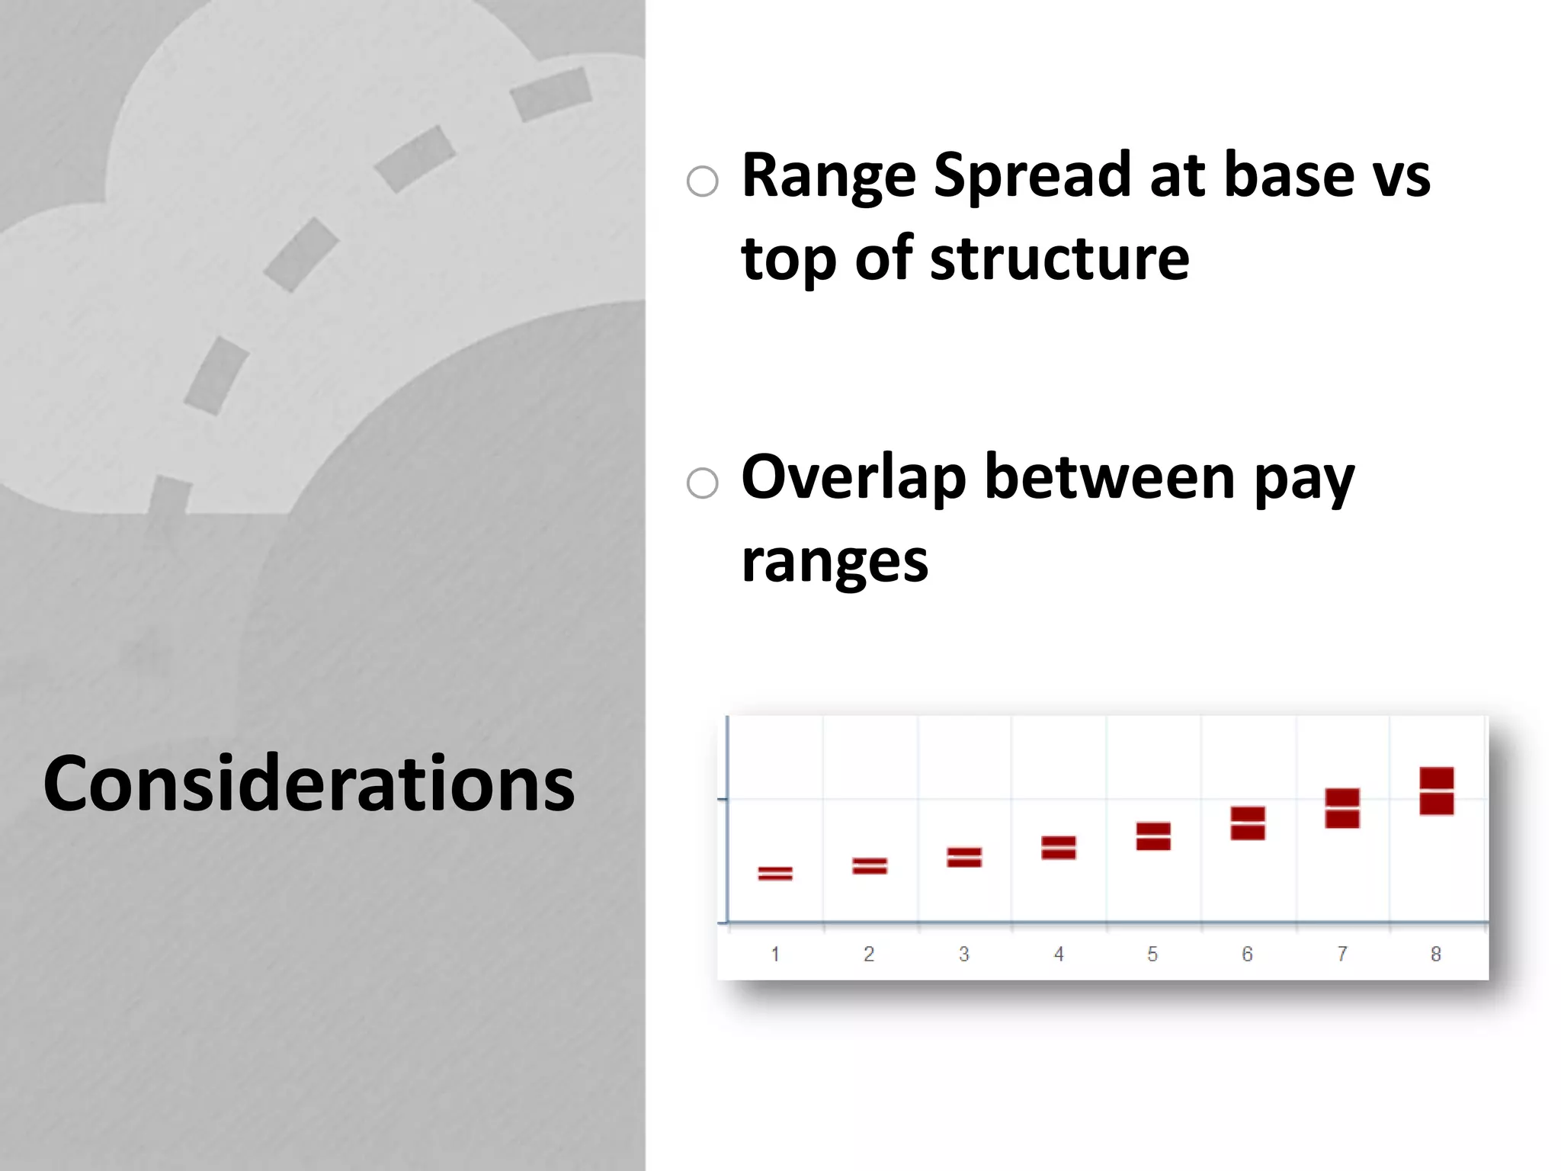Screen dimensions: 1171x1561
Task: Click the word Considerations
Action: click(x=309, y=784)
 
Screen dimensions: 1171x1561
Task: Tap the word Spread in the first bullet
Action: click(x=1034, y=177)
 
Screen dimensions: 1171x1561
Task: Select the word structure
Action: click(x=1059, y=259)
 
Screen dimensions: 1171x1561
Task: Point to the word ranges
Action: click(x=835, y=563)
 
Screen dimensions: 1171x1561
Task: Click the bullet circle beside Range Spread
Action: click(x=702, y=181)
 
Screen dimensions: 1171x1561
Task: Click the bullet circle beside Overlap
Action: click(x=702, y=483)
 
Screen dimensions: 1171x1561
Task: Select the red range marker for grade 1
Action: click(x=775, y=874)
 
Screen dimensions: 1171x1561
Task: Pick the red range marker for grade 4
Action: click(x=1059, y=848)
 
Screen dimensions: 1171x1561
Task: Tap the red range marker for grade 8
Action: click(x=1437, y=791)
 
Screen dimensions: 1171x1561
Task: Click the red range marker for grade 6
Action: click(x=1248, y=823)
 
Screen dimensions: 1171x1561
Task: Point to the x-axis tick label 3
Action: click(x=964, y=954)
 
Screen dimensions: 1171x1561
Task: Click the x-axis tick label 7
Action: click(x=1342, y=954)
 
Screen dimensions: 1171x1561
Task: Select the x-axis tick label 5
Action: click(x=1152, y=954)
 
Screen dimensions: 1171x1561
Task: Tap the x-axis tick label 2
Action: click(x=869, y=954)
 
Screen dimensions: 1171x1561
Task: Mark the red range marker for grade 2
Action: click(x=870, y=866)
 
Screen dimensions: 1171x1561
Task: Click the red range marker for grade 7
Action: click(x=1342, y=808)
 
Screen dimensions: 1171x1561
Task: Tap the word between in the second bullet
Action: click(x=1109, y=479)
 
